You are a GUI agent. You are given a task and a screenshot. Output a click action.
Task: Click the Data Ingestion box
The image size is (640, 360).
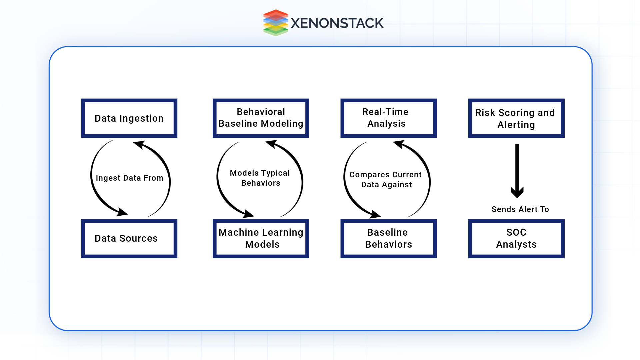[129, 118]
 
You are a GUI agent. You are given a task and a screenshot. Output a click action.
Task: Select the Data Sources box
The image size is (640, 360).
[129, 239]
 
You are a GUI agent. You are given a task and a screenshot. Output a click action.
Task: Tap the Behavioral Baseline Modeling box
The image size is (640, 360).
[261, 118]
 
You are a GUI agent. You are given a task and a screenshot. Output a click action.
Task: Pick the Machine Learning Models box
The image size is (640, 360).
[261, 239]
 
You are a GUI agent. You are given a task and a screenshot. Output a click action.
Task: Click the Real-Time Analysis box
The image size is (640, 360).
[388, 118]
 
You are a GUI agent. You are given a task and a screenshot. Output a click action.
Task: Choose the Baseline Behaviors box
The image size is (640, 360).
[388, 239]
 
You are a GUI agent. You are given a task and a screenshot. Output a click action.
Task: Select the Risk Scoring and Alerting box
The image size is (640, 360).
[516, 118]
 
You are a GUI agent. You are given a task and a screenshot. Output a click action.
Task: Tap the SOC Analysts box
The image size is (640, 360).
[516, 239]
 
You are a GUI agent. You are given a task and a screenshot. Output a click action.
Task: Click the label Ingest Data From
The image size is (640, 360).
[129, 178]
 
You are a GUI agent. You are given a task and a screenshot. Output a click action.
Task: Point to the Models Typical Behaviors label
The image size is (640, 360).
[260, 178]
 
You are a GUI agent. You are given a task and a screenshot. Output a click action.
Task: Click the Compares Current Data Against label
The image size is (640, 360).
[386, 180]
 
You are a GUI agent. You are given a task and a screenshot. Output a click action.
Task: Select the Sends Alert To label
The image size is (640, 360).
[520, 209]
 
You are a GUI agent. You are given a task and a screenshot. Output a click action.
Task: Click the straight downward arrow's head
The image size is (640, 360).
[517, 192]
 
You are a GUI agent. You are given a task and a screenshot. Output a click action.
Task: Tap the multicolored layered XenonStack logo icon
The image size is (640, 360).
[276, 23]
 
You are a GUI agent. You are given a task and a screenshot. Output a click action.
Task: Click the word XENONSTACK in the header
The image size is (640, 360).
[337, 23]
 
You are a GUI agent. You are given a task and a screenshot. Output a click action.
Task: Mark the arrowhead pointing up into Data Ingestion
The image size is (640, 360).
[139, 144]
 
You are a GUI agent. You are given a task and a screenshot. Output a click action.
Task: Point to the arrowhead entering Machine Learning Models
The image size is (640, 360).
[249, 214]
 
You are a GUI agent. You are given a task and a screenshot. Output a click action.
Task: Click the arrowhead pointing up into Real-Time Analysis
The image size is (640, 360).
[399, 144]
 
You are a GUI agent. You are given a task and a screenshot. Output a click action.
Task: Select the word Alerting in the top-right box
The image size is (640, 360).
[516, 125]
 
